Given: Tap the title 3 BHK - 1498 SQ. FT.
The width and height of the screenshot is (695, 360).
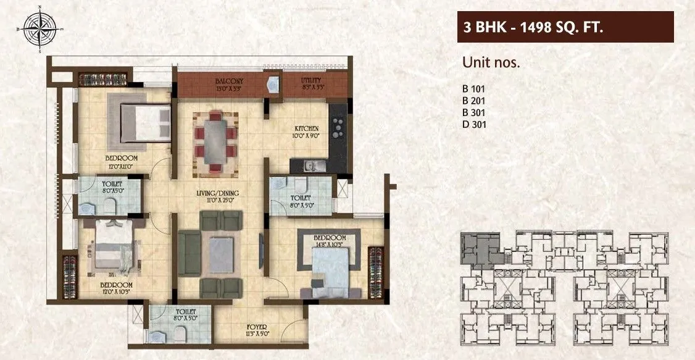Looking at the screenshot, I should click(x=533, y=27).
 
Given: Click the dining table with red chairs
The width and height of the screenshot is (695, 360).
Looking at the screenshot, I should click(x=214, y=142).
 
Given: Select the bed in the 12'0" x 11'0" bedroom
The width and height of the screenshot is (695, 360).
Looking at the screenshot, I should click(x=143, y=122).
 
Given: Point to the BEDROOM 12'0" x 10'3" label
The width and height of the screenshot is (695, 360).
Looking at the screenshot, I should click(x=117, y=288).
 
